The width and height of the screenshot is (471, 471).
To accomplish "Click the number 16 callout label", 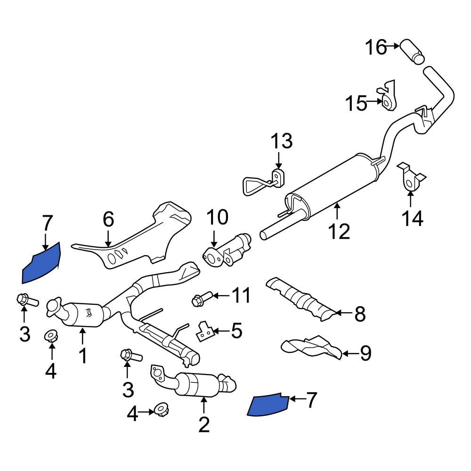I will coord(376,47).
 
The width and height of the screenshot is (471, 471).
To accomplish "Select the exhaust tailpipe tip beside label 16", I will coord(413,51).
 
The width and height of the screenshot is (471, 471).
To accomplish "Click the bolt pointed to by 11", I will coord(200,299).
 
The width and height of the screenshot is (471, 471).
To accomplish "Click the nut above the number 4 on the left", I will coord(51,336).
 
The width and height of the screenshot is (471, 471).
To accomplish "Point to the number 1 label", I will coord(83,356).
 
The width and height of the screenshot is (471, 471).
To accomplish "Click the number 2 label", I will coord(204,425).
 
